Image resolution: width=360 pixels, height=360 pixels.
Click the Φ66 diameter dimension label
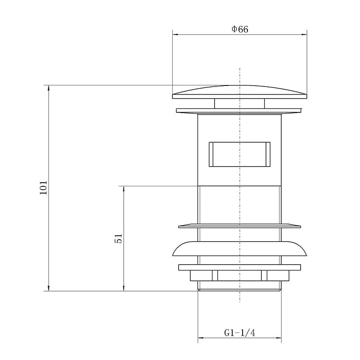(240, 29)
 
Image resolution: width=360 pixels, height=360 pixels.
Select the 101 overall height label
(43, 188)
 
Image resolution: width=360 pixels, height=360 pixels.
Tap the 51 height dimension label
(118, 238)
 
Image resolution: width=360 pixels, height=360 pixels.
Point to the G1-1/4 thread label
(240, 333)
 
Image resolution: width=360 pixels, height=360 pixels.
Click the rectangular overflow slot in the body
(239, 154)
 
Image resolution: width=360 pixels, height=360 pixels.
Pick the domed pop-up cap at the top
(240, 92)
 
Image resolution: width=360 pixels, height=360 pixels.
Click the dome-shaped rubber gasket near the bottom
(240, 249)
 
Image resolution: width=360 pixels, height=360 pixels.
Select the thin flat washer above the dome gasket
(240, 226)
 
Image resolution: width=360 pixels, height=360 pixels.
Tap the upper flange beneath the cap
(239, 111)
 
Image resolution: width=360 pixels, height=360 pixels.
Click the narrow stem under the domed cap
(239, 103)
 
